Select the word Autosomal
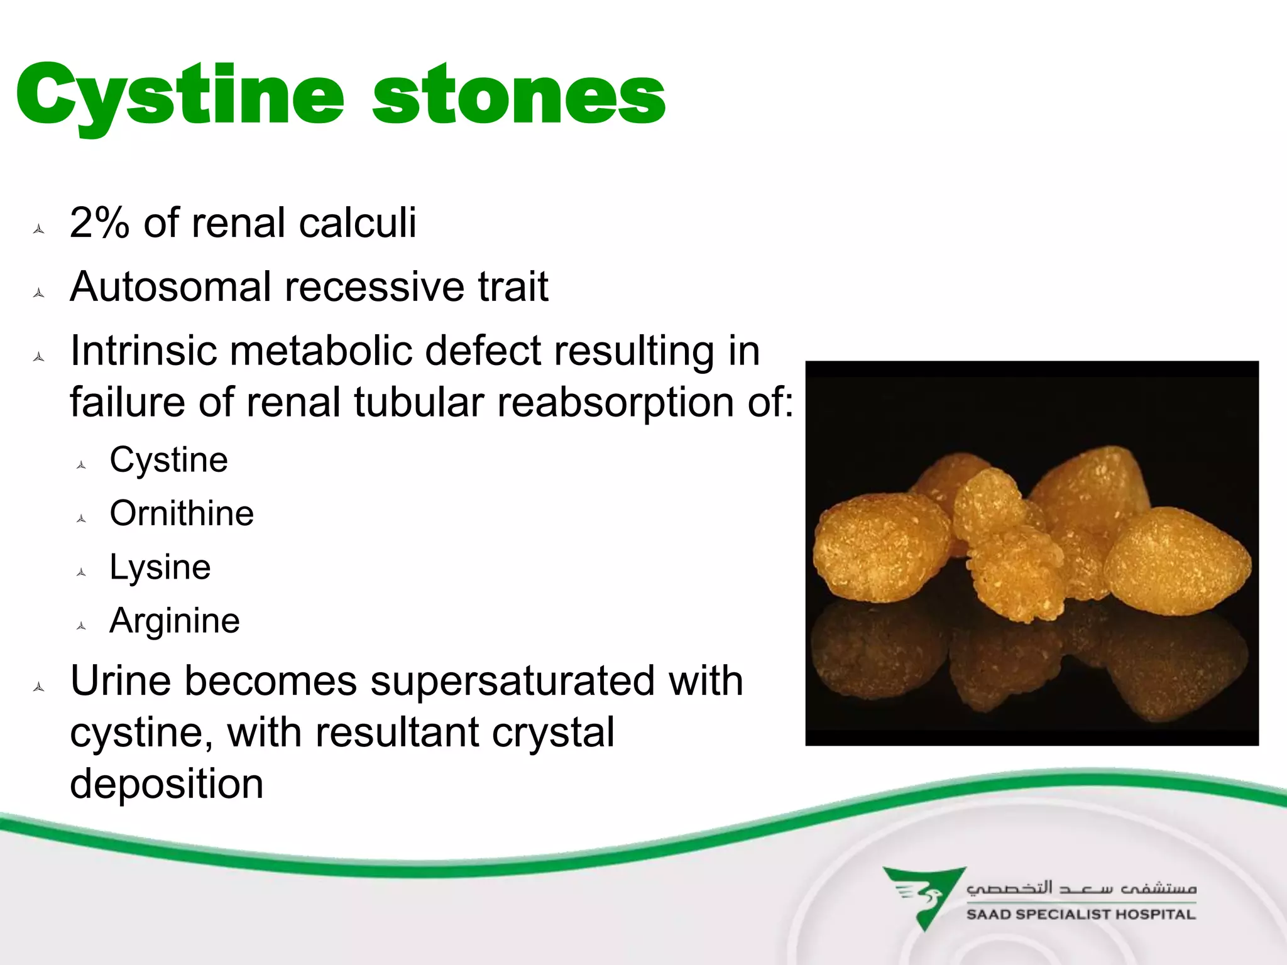171,287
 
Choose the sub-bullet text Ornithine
182,513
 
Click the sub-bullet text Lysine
160,567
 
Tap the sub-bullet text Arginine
175,621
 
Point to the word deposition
167,784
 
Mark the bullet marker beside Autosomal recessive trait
39,293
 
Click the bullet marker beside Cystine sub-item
81,466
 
